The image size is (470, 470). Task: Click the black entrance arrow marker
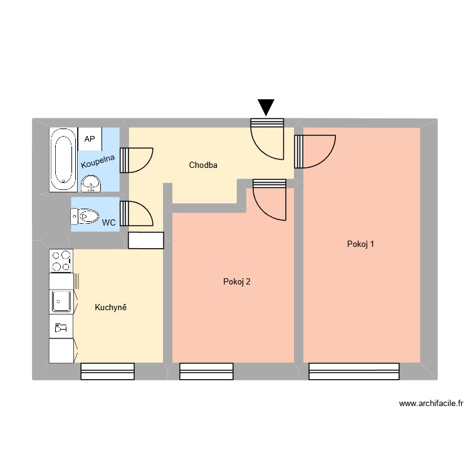pos(266,107)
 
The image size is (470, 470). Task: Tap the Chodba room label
pos(203,165)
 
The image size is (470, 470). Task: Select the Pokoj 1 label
pos(360,244)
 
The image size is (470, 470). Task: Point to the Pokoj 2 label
pos(237,281)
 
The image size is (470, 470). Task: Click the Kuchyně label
pos(111,307)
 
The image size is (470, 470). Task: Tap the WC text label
pos(108,222)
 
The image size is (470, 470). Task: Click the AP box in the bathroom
pos(89,138)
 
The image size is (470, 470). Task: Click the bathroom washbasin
pos(91,183)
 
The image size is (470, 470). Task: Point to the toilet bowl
pos(85,217)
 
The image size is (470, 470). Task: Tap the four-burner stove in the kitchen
pos(61,261)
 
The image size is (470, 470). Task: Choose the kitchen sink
pos(61,301)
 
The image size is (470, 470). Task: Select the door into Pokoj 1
pos(313,152)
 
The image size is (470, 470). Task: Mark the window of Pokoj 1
pos(354,371)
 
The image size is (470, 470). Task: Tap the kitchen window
pos(108,371)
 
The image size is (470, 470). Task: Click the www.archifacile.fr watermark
pos(429,404)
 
